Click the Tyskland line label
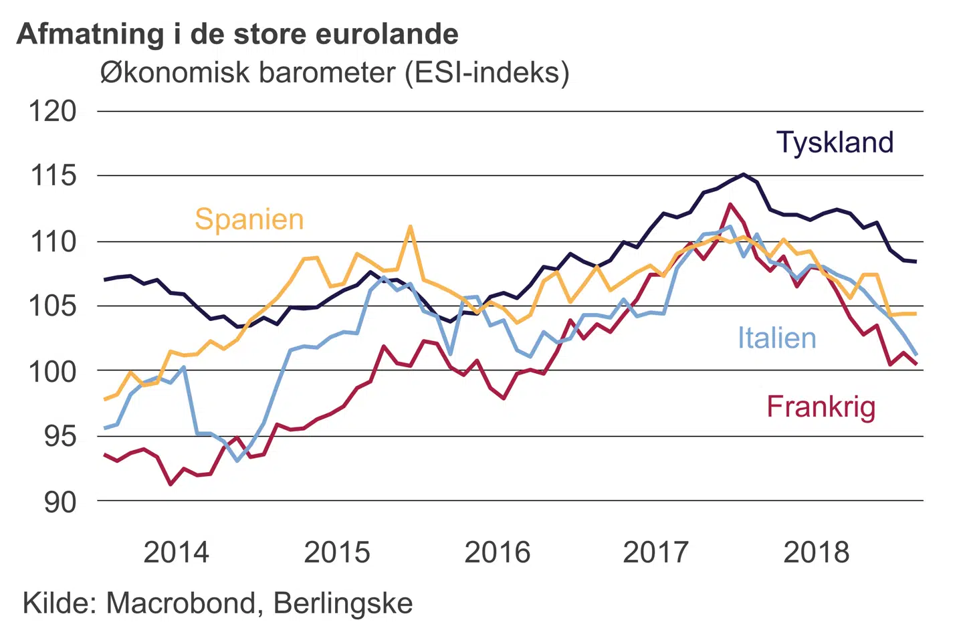pos(835,143)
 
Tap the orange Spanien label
pos(249,219)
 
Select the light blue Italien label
pos(776,338)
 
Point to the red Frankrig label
pos(821,407)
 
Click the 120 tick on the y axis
pos(52,112)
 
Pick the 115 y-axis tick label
pos(52,177)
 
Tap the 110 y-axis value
pos(52,241)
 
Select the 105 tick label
pos(52,306)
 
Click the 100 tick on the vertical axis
pos(52,371)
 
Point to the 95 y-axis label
pos(60,437)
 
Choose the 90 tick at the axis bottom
pos(60,502)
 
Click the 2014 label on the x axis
pos(177,552)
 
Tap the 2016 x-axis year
pos(497,552)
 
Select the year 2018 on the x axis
pos(816,552)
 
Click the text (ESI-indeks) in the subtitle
pos(487,72)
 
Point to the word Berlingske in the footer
pos(343,603)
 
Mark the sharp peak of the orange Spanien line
pos(410,227)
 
